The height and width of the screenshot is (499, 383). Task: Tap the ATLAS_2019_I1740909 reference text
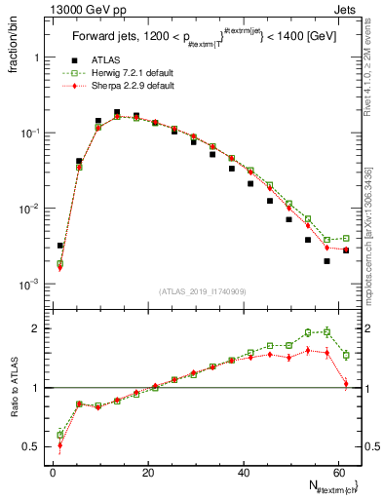tap(200, 291)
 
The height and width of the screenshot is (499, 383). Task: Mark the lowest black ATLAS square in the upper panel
tap(327, 261)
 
